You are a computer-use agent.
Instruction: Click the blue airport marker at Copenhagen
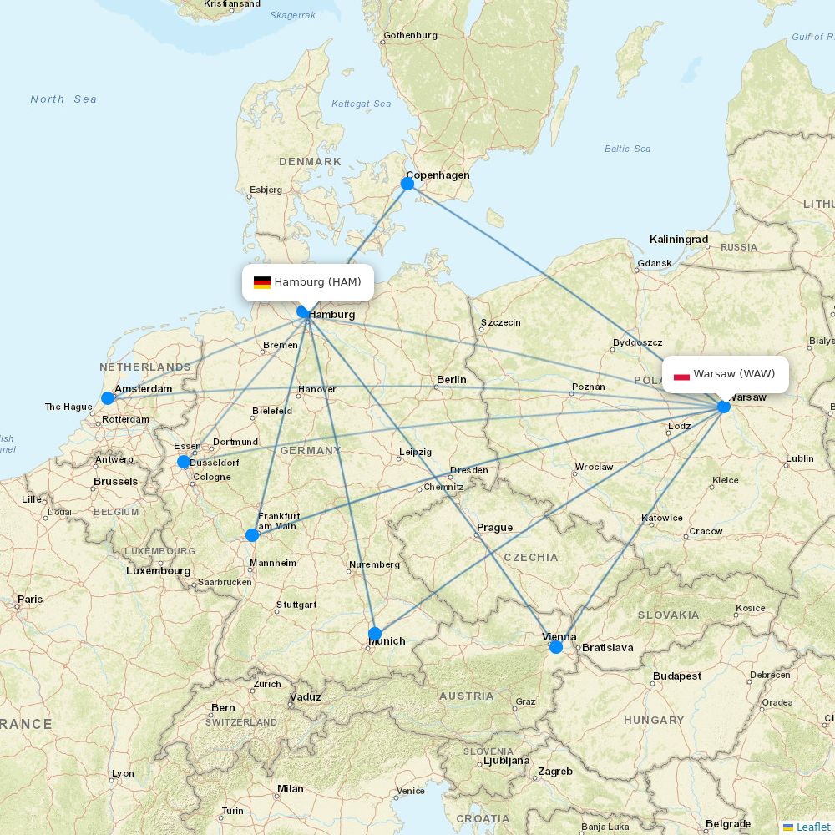pyautogui.click(x=407, y=184)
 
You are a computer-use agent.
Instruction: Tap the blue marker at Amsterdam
pyautogui.click(x=108, y=398)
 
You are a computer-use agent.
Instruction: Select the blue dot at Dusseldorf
pyautogui.click(x=184, y=462)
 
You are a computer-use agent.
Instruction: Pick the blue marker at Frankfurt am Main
pyautogui.click(x=252, y=535)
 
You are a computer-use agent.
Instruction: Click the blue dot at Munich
pyautogui.click(x=375, y=634)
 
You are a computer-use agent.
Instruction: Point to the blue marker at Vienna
pyautogui.click(x=556, y=647)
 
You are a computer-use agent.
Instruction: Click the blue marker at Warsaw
pyautogui.click(x=724, y=407)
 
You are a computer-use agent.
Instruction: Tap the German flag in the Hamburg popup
pyautogui.click(x=262, y=282)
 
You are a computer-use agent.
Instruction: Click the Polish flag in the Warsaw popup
pyautogui.click(x=681, y=375)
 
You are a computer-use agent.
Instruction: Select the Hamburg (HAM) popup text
pyautogui.click(x=317, y=282)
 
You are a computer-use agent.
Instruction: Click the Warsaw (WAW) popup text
pyautogui.click(x=734, y=374)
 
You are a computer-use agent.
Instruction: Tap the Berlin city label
pyautogui.click(x=452, y=380)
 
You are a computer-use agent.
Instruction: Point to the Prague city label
pyautogui.click(x=494, y=528)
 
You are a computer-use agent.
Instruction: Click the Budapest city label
pyautogui.click(x=677, y=676)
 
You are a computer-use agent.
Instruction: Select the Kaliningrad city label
pyautogui.click(x=679, y=240)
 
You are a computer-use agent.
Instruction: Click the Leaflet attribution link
pyautogui.click(x=812, y=827)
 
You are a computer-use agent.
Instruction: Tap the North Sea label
pyautogui.click(x=63, y=99)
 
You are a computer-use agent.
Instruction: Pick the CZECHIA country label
pyautogui.click(x=531, y=557)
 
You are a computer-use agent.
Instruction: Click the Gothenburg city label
pyautogui.click(x=410, y=36)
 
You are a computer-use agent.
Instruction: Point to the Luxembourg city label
pyautogui.click(x=159, y=571)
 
